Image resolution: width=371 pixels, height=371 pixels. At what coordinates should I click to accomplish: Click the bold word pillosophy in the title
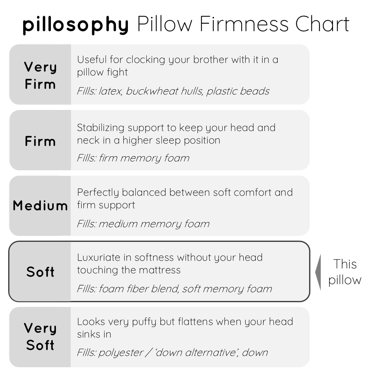click(76, 25)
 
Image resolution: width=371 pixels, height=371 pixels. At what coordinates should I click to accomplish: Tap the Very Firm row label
click(40, 75)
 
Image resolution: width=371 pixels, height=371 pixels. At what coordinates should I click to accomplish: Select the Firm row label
click(40, 141)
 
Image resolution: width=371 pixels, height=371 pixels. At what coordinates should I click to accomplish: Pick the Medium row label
click(40, 205)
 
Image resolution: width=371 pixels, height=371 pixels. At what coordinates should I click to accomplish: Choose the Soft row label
click(40, 272)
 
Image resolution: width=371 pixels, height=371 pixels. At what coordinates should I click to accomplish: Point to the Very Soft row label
click(40, 336)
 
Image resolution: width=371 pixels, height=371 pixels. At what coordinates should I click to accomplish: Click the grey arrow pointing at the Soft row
click(318, 272)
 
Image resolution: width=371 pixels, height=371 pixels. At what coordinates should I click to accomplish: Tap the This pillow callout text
click(345, 272)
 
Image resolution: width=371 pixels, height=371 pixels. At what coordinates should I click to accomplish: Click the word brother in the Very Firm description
click(210, 60)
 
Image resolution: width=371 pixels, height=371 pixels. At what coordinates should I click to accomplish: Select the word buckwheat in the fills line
click(152, 91)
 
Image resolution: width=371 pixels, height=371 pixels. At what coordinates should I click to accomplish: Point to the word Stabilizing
click(101, 128)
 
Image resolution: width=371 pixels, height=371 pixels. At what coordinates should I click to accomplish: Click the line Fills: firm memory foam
click(133, 158)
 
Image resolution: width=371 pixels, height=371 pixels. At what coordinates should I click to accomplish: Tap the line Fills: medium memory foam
click(143, 224)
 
